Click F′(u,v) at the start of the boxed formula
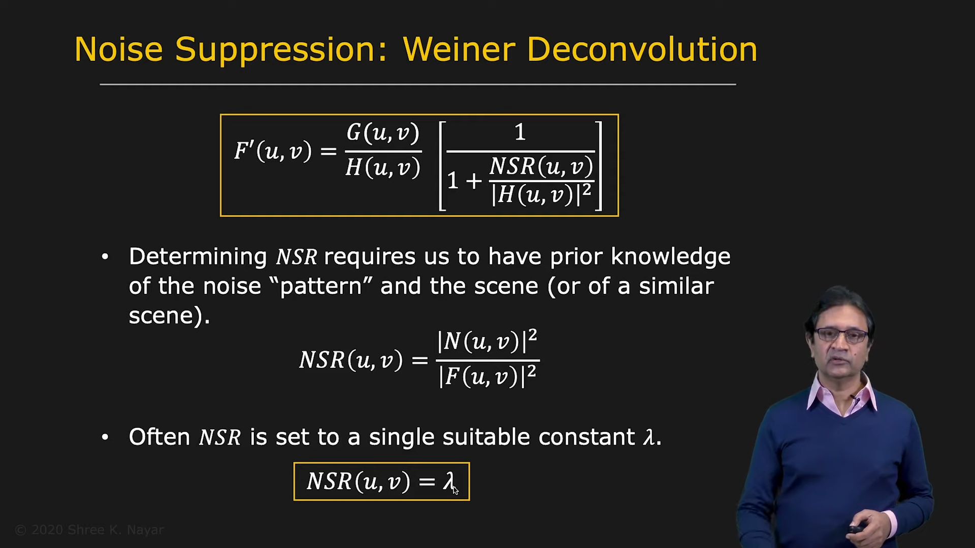pyautogui.click(x=273, y=151)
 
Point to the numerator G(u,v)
pyautogui.click(x=383, y=133)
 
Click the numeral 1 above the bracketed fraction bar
pyautogui.click(x=520, y=132)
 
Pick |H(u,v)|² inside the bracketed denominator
pyautogui.click(x=541, y=194)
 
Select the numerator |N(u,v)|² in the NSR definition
pyautogui.click(x=487, y=341)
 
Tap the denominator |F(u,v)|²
pyautogui.click(x=487, y=376)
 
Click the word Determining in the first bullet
pyautogui.click(x=198, y=257)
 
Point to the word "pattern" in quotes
pyautogui.click(x=321, y=287)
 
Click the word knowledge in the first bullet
pyautogui.click(x=670, y=257)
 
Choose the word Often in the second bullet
pyautogui.click(x=159, y=437)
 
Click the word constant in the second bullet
pyautogui.click(x=587, y=437)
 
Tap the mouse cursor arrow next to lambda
pyautogui.click(x=455, y=490)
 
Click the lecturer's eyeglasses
pyautogui.click(x=840, y=335)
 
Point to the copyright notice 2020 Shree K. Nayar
pyautogui.click(x=89, y=530)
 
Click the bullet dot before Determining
pyautogui.click(x=105, y=257)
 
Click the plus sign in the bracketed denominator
pyautogui.click(x=473, y=181)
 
